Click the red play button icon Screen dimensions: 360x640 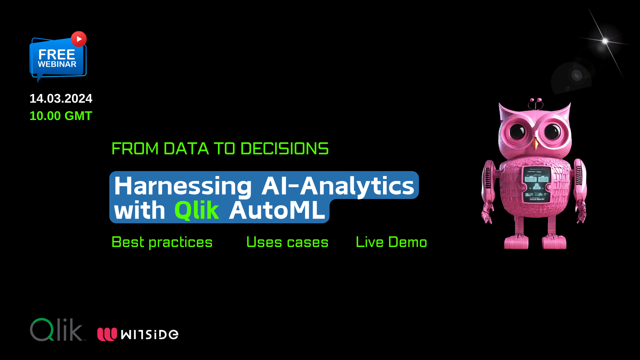tap(79, 39)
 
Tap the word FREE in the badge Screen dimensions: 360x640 tap(57, 55)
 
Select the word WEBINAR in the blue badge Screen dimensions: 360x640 tap(57, 64)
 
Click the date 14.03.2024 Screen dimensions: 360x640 tap(61, 99)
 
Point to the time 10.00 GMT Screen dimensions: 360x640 tap(61, 116)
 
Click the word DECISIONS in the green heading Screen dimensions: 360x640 tap(284, 149)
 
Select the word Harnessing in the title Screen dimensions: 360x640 tap(183, 186)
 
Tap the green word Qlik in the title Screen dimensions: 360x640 tap(197, 210)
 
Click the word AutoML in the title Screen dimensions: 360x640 tap(277, 210)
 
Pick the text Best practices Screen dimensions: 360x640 tap(162, 242)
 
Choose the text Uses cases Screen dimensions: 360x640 tap(287, 242)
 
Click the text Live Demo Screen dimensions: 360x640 tap(391, 242)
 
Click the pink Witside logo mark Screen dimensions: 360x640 tap(107, 334)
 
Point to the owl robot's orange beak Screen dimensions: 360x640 tap(535, 144)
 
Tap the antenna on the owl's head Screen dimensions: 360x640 tap(536, 103)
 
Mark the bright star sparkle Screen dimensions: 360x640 tap(605, 41)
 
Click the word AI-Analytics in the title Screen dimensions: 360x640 tap(338, 186)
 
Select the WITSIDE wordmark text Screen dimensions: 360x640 tap(150, 334)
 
